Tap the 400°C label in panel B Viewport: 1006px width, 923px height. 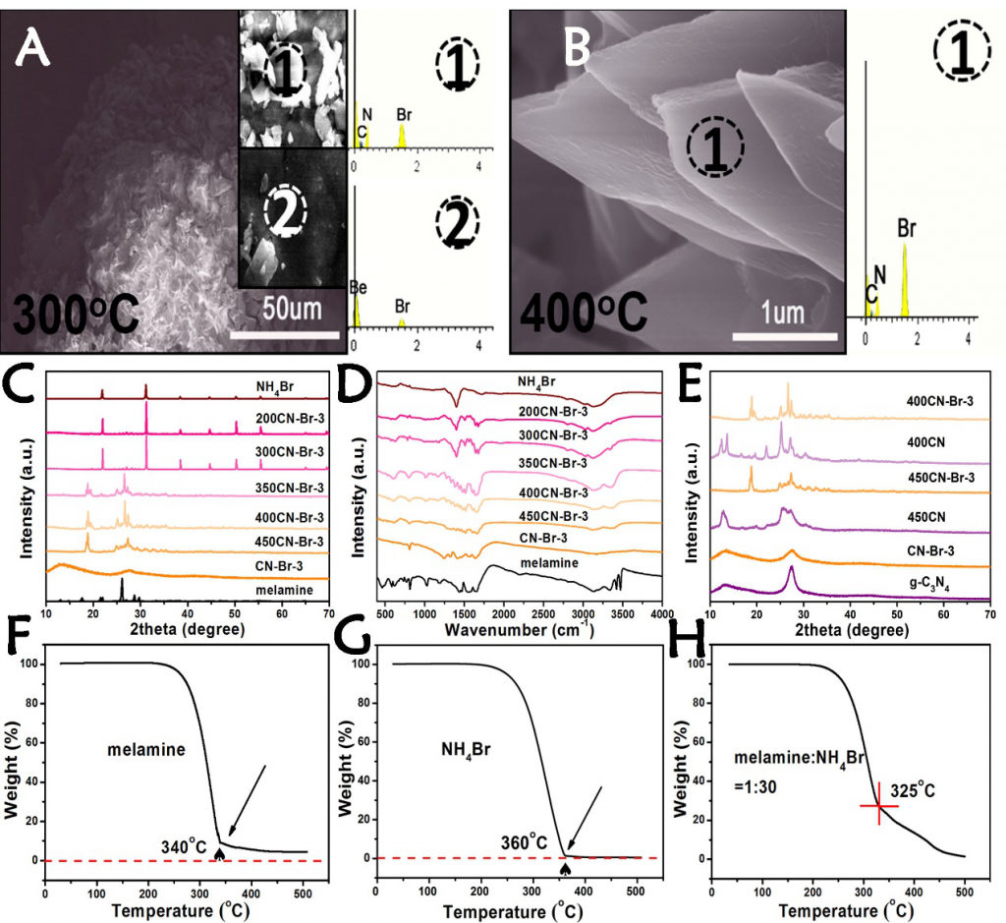click(x=584, y=308)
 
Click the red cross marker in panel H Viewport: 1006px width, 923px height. click(x=878, y=806)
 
